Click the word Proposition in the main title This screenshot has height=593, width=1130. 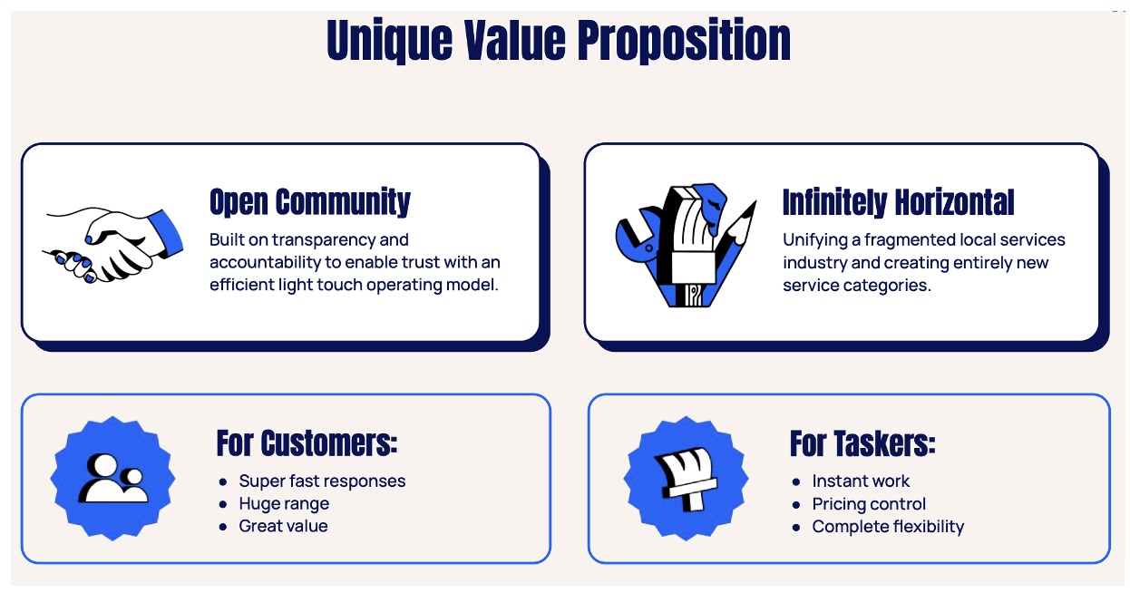[x=684, y=40]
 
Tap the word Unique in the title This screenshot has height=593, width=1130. [x=389, y=40]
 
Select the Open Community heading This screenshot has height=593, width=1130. [x=310, y=201]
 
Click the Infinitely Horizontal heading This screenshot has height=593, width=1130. [x=898, y=201]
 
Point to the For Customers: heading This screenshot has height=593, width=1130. [x=307, y=443]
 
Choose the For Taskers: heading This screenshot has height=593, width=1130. [x=862, y=443]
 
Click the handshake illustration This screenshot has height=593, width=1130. [x=113, y=246]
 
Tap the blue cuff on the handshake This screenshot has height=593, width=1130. [x=167, y=234]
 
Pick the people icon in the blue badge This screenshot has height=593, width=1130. [x=113, y=478]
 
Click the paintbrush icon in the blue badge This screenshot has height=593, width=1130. [x=686, y=479]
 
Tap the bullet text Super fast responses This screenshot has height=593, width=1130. [x=322, y=481]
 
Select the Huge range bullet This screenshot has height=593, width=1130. [x=284, y=504]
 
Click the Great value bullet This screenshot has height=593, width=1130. [x=283, y=526]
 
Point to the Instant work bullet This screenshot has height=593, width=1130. [x=861, y=481]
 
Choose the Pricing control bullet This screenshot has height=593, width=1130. [x=869, y=504]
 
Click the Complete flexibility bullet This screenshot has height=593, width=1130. [x=888, y=527]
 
